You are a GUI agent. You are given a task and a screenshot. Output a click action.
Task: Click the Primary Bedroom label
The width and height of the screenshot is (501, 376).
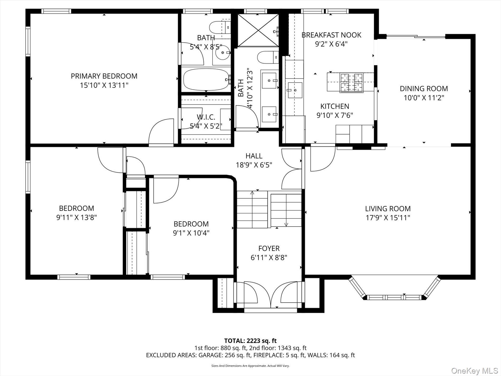coord(104,76)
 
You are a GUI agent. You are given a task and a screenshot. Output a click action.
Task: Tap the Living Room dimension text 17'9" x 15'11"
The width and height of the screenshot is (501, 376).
coord(388,218)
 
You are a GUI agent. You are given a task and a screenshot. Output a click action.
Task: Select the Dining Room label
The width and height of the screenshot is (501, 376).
coord(424,88)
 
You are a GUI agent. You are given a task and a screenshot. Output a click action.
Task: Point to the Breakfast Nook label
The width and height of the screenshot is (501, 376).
coord(331,35)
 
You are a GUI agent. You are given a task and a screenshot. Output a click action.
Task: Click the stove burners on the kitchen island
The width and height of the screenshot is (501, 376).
coord(351,83)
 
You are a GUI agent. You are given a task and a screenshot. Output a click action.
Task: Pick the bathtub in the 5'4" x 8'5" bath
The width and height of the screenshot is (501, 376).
coord(206,79)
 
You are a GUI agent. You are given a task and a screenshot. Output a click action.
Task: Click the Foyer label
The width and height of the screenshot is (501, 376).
coord(269,248)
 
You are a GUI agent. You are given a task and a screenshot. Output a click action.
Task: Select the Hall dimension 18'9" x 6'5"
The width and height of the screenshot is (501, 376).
coord(254,165)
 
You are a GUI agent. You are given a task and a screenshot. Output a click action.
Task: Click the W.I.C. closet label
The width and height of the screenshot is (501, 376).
coord(206,117)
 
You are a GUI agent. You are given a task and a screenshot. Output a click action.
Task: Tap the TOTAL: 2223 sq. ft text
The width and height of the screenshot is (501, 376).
coord(250,341)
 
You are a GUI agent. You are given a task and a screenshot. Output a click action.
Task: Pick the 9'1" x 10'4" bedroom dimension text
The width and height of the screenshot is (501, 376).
coord(191,233)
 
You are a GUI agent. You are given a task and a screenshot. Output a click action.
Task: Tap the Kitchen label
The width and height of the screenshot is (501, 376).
coord(335,106)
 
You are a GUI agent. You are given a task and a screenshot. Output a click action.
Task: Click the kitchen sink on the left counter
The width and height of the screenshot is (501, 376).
coord(295,90)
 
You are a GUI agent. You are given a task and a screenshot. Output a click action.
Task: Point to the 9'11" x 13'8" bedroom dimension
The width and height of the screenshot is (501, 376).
coord(76,217)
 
